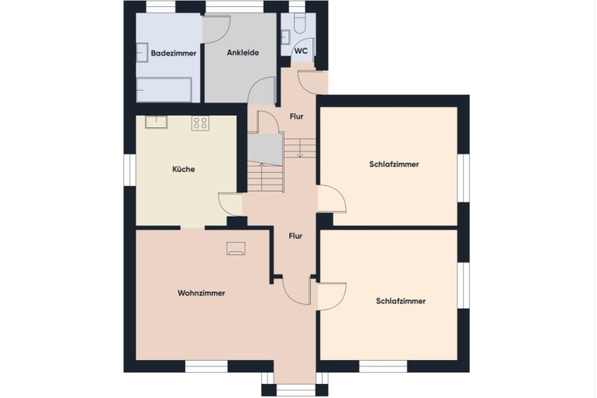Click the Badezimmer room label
(173, 54)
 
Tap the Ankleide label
(243, 53)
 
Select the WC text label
(301, 50)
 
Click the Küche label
(184, 169)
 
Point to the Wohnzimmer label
(201, 293)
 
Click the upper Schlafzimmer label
(394, 164)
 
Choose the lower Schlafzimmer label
(401, 301)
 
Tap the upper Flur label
(296, 116)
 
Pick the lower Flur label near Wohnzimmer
(295, 236)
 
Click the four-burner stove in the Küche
(200, 123)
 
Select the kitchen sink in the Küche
(156, 122)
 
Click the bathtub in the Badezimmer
(164, 90)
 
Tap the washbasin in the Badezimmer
(142, 52)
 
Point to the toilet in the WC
(299, 22)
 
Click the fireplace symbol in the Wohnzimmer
(236, 248)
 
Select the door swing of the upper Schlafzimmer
(332, 198)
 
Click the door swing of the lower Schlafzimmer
(332, 296)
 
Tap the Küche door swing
(230, 205)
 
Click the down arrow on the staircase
(300, 147)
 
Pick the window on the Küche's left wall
(130, 170)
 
